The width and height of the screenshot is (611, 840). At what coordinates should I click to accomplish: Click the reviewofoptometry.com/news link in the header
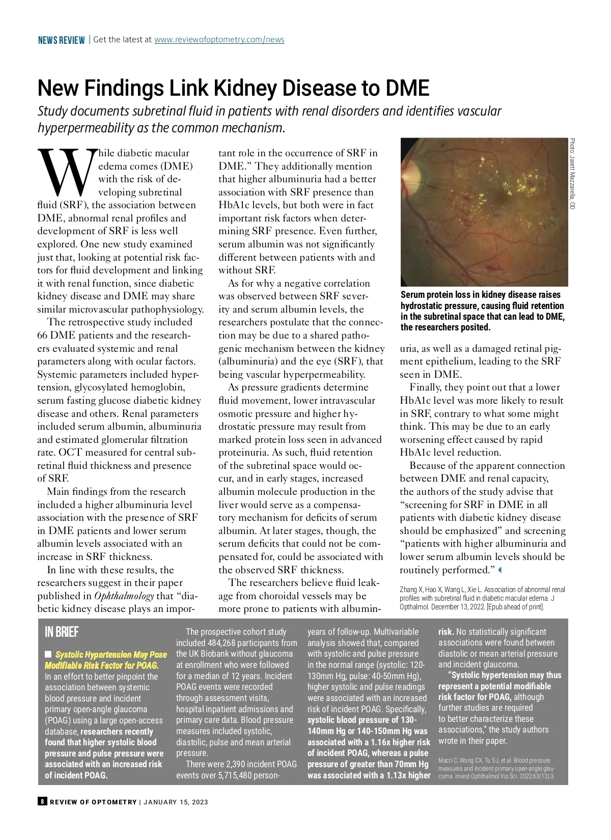point(219,40)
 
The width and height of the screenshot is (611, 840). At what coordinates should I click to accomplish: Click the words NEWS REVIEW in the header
point(61,40)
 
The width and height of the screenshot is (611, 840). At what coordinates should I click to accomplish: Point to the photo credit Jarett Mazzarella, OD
point(572,174)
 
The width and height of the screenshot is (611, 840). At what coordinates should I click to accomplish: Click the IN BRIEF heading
point(62,632)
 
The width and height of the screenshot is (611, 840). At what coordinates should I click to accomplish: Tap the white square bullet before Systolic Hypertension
point(48,654)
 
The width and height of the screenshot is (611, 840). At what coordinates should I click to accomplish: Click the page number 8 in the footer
point(42,802)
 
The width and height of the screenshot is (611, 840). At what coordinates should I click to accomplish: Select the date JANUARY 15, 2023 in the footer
point(176,802)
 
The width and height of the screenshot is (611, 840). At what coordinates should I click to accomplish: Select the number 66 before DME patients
point(42,335)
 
